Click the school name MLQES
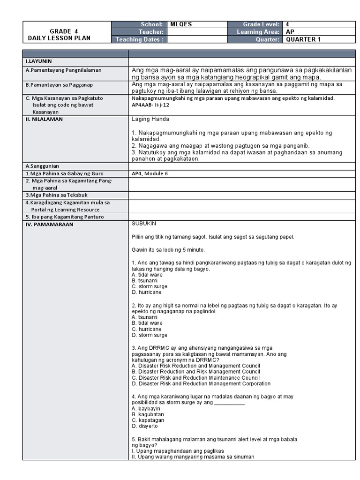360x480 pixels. click(x=181, y=24)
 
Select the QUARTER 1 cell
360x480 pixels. click(x=303, y=39)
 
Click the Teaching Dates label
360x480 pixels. click(x=140, y=39)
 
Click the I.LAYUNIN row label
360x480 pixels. click(x=39, y=61)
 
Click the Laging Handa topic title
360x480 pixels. click(x=150, y=119)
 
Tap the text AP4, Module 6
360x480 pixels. click(x=150, y=173)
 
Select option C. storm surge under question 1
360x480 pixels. click(x=150, y=286)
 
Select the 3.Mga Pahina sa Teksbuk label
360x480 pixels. click(x=58, y=195)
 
